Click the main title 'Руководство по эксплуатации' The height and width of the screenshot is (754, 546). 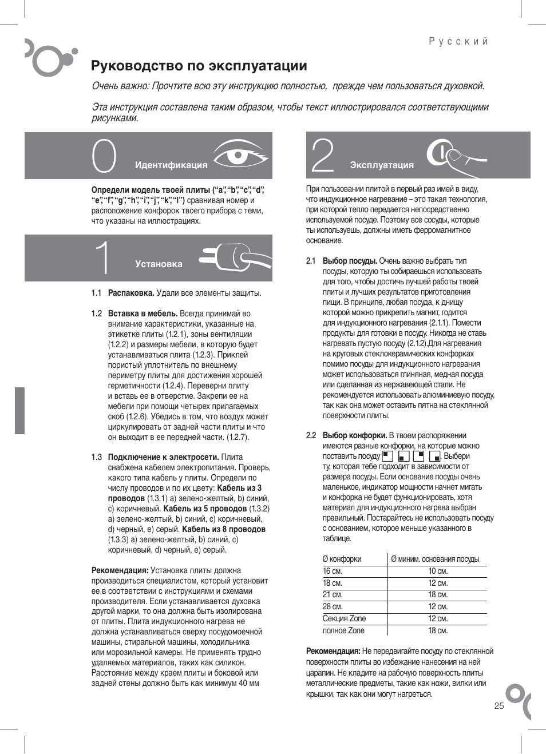[199, 66]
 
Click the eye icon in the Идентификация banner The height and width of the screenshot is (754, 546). [240, 154]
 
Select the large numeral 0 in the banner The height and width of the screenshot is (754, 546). [104, 156]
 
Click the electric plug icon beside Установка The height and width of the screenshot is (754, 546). [235, 257]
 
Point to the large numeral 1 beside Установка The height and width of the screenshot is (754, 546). [103, 258]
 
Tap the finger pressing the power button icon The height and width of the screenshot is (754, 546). [455, 156]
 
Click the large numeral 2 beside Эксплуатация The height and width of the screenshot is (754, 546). [322, 156]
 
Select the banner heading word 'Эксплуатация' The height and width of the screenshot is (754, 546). [382, 165]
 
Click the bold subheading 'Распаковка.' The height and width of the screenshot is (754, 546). [131, 293]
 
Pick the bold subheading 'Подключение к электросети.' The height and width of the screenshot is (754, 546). [163, 457]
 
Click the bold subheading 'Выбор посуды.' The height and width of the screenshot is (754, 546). [350, 261]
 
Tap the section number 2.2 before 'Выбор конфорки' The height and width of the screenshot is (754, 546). [311, 435]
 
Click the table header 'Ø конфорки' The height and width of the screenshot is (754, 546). [342, 559]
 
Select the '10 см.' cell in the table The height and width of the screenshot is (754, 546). [438, 571]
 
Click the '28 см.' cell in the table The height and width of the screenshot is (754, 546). [333, 606]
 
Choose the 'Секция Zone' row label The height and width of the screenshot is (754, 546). [344, 618]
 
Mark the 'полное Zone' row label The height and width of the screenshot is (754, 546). [343, 630]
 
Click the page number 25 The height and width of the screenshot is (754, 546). [499, 705]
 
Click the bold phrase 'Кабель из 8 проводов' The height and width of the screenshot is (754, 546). [224, 529]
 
